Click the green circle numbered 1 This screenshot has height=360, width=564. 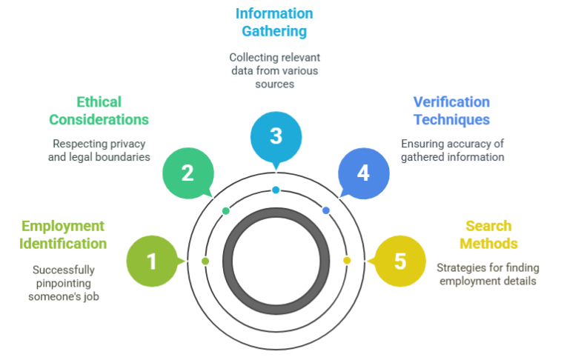click(x=152, y=261)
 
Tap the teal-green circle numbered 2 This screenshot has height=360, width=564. click(x=188, y=173)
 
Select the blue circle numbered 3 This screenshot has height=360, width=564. click(x=276, y=136)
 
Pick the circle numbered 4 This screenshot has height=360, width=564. click(x=363, y=173)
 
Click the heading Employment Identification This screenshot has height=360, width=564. click(x=64, y=234)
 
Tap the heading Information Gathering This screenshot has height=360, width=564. click(x=274, y=23)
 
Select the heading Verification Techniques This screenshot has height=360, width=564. click(x=451, y=110)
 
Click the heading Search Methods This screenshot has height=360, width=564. click(x=488, y=234)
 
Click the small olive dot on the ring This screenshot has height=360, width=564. click(x=205, y=261)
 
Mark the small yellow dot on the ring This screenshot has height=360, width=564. click(x=347, y=261)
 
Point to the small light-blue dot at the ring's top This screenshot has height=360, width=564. click(x=276, y=190)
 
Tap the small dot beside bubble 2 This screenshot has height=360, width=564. click(x=226, y=211)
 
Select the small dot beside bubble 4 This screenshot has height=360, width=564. click(x=326, y=211)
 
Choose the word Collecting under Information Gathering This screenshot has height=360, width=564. click(x=252, y=57)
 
